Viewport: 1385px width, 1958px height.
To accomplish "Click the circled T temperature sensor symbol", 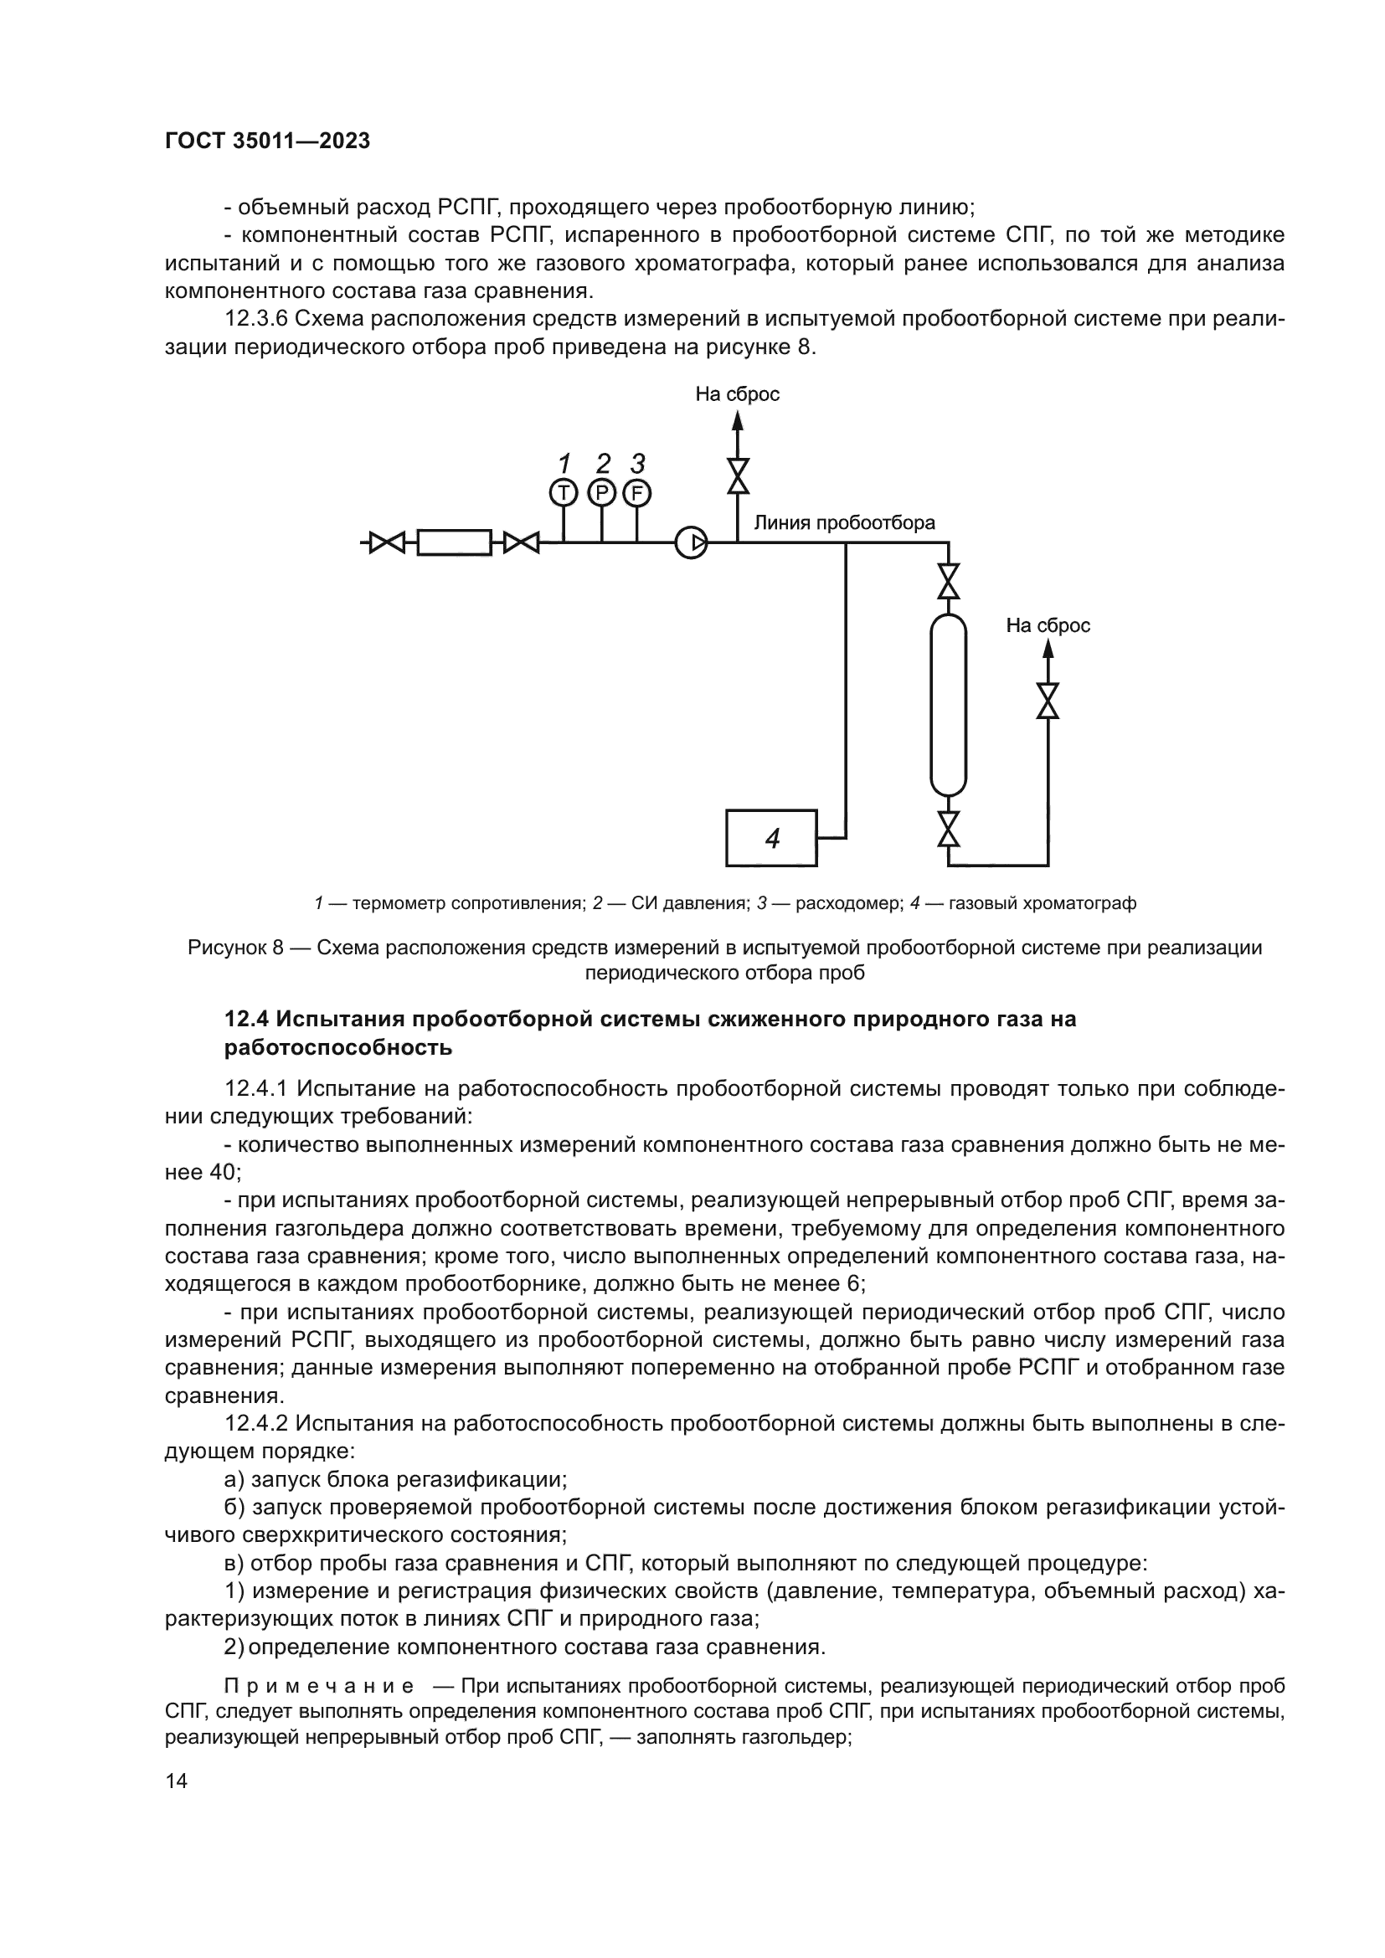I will point(563,492).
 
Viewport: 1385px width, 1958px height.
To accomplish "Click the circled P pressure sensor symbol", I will point(601,492).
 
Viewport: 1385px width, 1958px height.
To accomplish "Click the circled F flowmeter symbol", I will point(637,492).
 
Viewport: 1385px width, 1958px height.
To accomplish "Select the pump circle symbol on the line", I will point(691,542).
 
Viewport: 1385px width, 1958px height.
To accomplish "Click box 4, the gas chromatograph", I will point(771,838).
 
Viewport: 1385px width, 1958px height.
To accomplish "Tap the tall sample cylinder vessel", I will point(948,704).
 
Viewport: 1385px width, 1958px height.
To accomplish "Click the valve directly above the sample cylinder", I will point(948,582).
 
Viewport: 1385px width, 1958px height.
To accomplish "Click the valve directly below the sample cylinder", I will point(948,828).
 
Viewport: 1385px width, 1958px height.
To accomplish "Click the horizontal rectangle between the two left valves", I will point(454,542).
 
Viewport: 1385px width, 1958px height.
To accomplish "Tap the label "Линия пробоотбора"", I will point(843,522).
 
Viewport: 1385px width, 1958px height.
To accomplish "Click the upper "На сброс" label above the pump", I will point(737,394).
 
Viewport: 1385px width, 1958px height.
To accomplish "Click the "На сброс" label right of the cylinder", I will point(1048,626).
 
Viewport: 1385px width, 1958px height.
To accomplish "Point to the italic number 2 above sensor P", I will point(603,464).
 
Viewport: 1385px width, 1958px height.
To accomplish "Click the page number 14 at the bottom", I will point(176,1781).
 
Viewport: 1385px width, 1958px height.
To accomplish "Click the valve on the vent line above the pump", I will point(738,475).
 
